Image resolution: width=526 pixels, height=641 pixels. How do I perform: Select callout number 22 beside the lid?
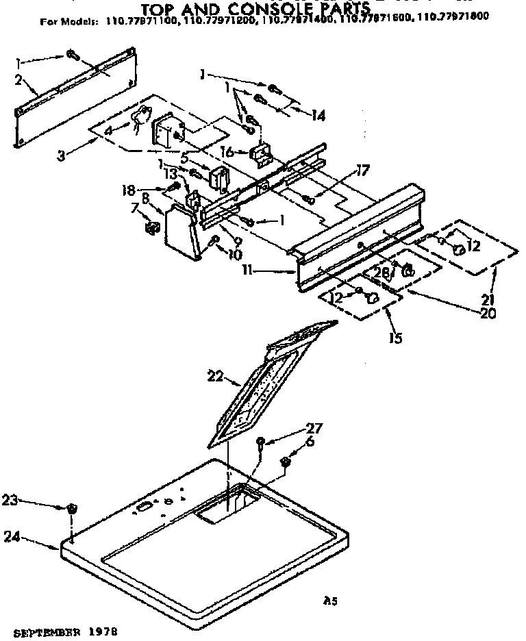click(214, 375)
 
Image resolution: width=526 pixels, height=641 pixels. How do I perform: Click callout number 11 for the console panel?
click(260, 271)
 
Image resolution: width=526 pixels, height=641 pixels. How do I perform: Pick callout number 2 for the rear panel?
click(21, 80)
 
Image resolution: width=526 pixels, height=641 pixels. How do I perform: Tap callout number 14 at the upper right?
click(317, 116)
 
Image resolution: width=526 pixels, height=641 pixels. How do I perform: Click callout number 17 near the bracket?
click(362, 172)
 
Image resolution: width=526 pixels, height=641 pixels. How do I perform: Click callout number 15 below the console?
click(396, 338)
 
